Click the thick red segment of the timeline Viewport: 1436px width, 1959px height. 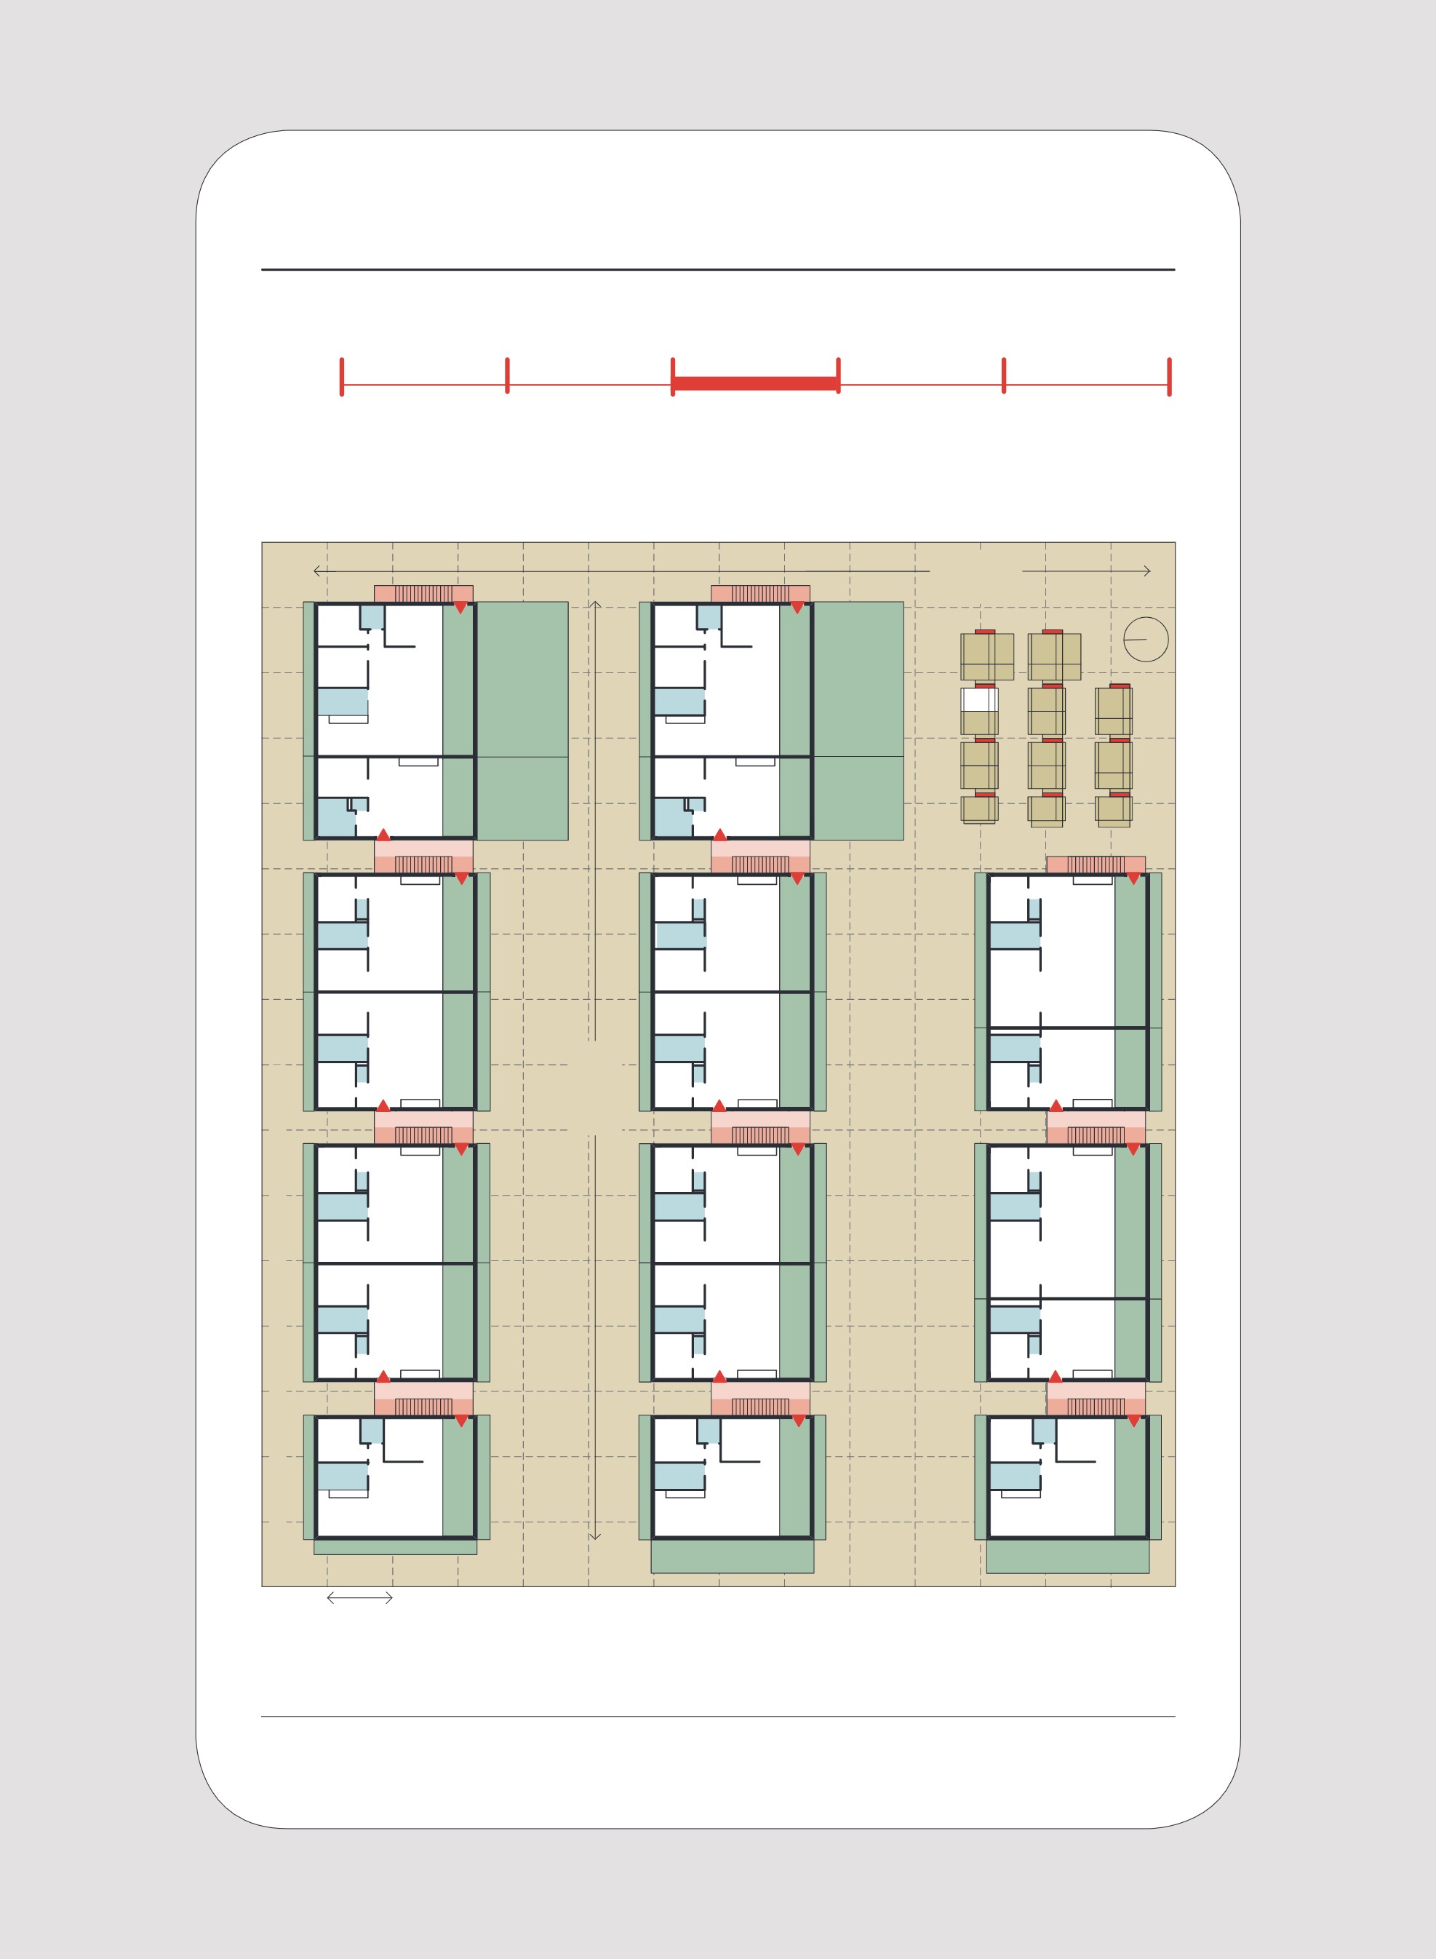click(x=754, y=384)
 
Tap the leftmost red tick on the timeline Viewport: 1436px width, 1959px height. click(x=342, y=376)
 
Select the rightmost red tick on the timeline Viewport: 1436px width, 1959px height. click(x=1169, y=376)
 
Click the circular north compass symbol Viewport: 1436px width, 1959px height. click(x=1146, y=639)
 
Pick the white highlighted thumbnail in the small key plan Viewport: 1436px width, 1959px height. click(x=978, y=699)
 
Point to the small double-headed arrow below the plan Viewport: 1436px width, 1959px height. click(x=360, y=1597)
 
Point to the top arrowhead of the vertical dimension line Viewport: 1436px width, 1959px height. click(x=594, y=604)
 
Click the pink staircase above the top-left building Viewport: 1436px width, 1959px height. click(x=423, y=594)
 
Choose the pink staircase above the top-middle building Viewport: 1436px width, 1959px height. click(x=759, y=594)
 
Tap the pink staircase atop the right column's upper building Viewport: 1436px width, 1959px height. click(x=1096, y=865)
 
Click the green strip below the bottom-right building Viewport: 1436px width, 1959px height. click(x=1067, y=1556)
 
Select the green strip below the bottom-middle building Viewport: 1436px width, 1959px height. click(x=732, y=1556)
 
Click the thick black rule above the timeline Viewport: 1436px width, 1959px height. click(x=718, y=269)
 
